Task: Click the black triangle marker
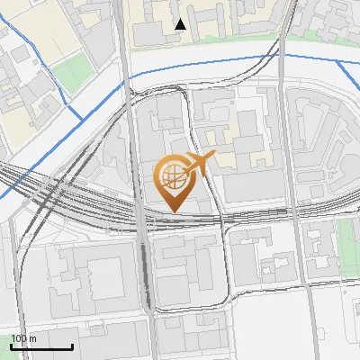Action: point(181,24)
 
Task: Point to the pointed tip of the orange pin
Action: point(174,210)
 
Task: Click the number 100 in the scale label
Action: point(20,338)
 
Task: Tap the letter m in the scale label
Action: point(33,338)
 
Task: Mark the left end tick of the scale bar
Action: point(11,345)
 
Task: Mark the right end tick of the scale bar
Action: point(72,345)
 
